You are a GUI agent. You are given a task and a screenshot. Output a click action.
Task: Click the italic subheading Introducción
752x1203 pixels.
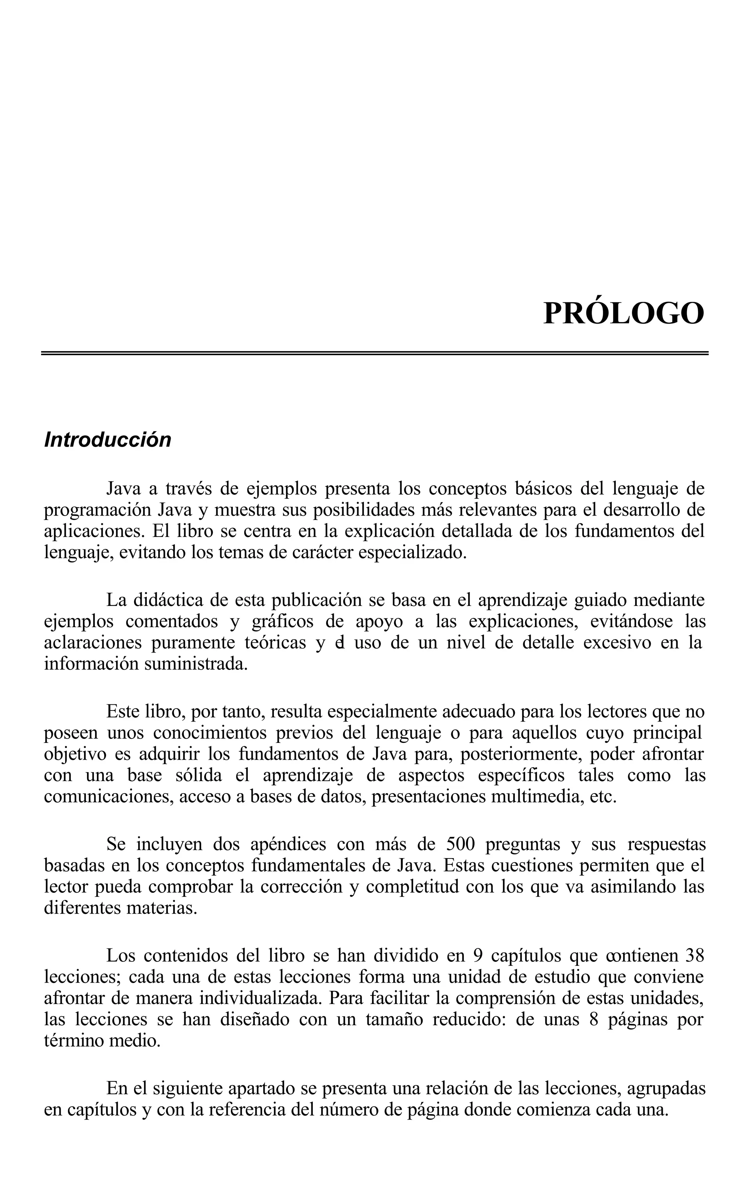(108, 440)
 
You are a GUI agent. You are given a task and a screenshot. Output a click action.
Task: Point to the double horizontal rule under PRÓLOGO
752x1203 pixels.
(375, 353)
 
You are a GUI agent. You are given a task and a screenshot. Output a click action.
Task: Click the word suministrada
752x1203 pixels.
(195, 664)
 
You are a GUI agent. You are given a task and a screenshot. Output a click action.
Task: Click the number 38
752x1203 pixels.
(694, 956)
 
